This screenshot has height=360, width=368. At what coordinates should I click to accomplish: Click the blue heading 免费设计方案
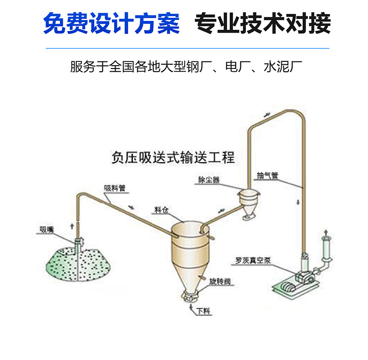tap(111, 23)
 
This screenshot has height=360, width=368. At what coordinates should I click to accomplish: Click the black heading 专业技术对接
tap(262, 23)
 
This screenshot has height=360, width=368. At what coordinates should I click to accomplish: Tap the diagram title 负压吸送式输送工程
tap(173, 157)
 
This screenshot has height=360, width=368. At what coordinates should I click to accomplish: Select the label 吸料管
tap(114, 189)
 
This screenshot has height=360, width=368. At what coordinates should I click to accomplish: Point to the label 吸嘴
tap(46, 229)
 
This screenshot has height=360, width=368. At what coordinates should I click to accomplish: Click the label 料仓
tap(161, 210)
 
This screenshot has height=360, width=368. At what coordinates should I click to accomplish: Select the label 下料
tap(204, 311)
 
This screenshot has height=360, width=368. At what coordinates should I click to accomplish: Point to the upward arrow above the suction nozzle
tap(71, 225)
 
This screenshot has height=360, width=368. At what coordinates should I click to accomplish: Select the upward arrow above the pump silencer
tap(325, 231)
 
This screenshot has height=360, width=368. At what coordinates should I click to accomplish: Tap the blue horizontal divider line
tap(186, 48)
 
